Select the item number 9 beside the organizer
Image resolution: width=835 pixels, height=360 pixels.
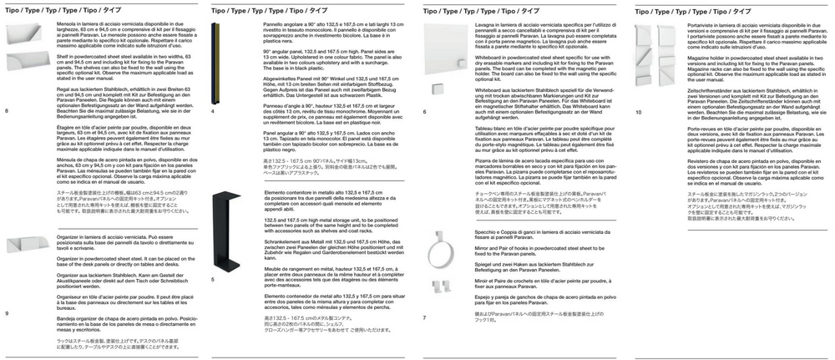[7, 312]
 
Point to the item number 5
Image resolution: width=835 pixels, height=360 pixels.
[214, 278]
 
